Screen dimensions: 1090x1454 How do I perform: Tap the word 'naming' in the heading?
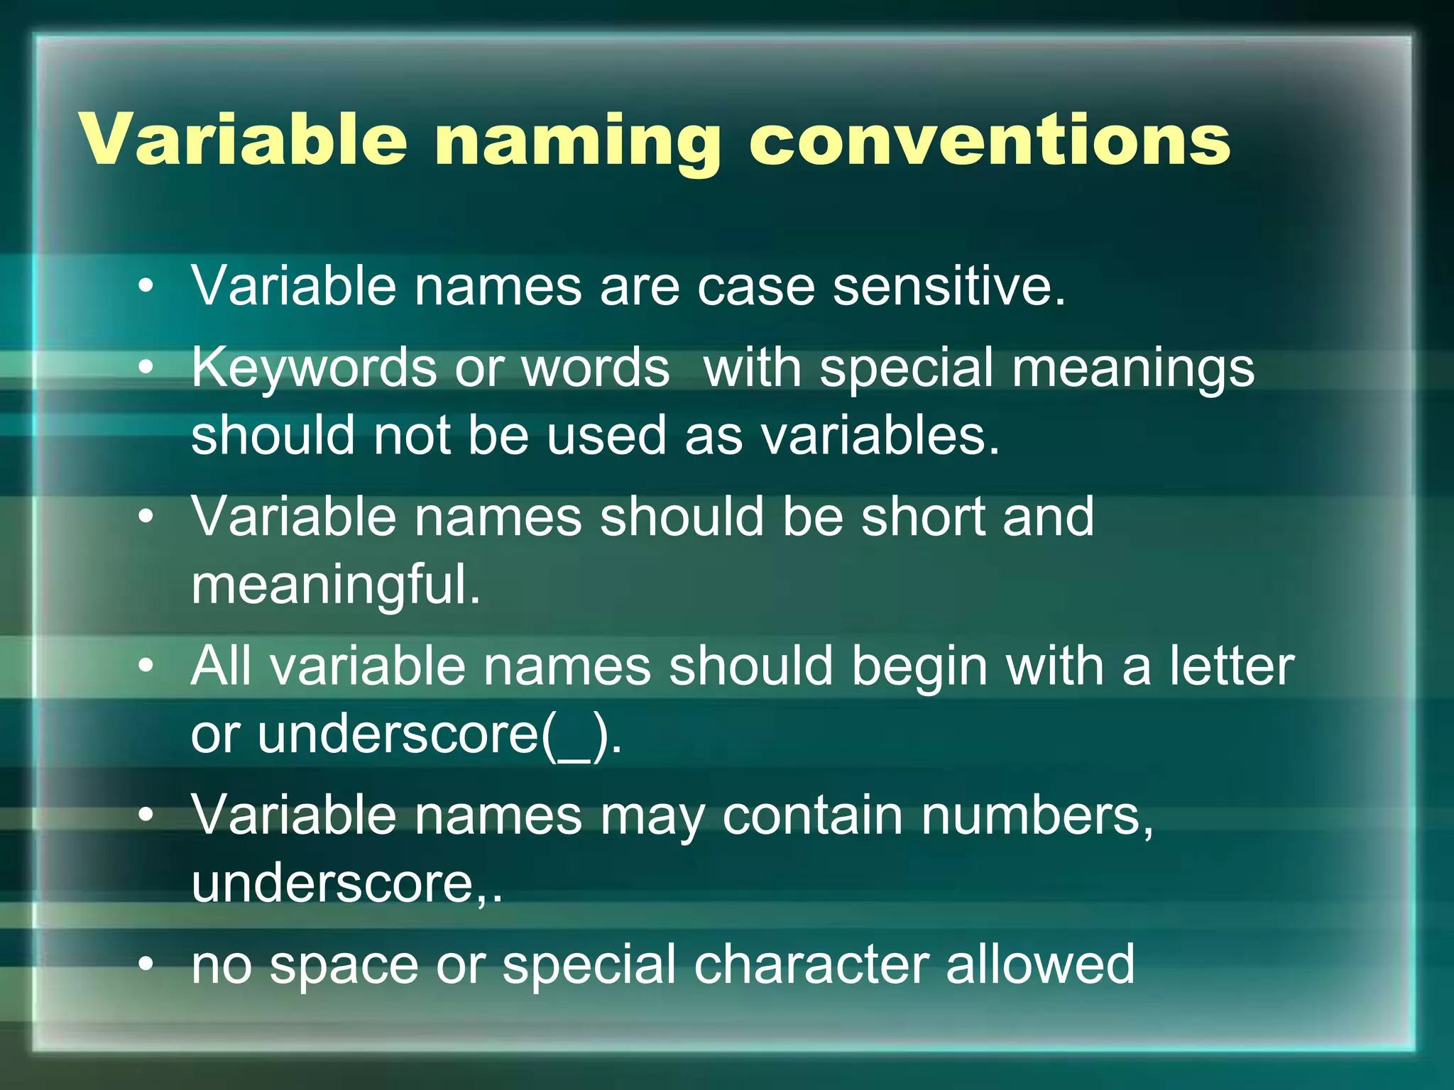(x=578, y=142)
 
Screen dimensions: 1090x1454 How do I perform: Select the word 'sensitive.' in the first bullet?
(x=949, y=286)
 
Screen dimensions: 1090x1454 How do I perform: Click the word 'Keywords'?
(x=314, y=369)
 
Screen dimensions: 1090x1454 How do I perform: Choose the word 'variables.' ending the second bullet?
(x=880, y=435)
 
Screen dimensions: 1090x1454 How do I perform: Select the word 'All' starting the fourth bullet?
(x=221, y=666)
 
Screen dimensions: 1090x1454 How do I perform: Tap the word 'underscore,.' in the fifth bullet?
(x=346, y=883)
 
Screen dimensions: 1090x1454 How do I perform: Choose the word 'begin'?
(x=919, y=667)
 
